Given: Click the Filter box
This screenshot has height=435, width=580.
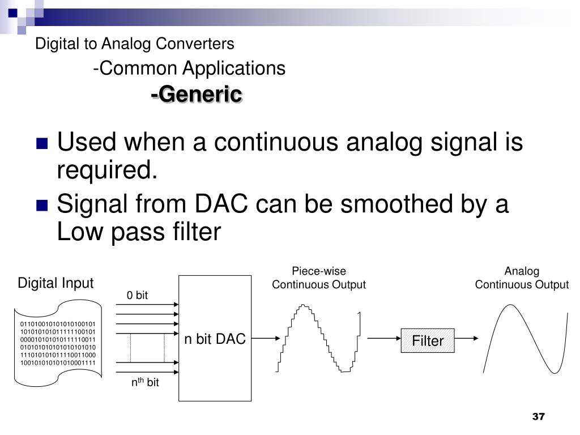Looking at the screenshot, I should (428, 340).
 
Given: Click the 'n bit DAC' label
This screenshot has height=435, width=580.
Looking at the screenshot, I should (215, 339).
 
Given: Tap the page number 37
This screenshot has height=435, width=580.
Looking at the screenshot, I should (538, 417).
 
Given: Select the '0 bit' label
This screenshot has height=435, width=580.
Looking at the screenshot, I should (137, 295).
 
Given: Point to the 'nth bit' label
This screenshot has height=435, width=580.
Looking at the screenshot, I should (145, 383).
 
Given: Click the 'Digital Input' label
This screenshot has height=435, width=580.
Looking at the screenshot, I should (56, 283).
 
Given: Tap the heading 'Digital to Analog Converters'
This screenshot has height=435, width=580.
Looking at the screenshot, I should (134, 43).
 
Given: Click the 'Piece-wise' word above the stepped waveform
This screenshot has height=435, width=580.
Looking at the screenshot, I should (318, 271).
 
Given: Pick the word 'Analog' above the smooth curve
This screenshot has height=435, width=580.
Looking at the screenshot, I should (522, 271).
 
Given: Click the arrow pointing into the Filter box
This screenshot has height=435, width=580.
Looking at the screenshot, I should (385, 339).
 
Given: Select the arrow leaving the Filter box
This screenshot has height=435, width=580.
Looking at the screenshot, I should (467, 339).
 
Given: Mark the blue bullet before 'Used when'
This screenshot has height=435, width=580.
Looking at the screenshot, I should (42, 143).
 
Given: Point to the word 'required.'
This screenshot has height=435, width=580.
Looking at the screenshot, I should (106, 169).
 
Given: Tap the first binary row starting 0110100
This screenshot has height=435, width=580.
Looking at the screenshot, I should (58, 325).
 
